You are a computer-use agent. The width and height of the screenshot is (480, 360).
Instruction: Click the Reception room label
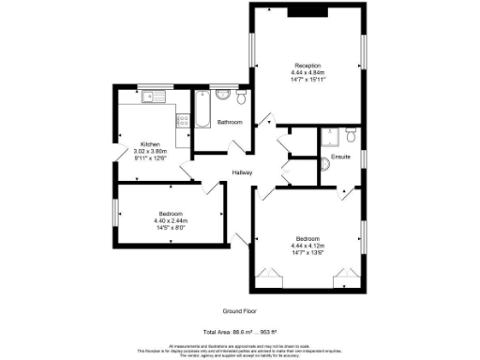point(307,65)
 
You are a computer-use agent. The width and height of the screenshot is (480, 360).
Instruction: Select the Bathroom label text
point(230,123)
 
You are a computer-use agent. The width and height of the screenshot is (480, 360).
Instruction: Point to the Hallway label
point(246,172)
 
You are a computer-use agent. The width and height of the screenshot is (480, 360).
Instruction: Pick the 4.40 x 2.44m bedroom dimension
point(171,220)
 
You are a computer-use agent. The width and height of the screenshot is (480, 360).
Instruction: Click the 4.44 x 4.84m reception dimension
point(307,72)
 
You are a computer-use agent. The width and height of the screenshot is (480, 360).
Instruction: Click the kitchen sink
point(153,96)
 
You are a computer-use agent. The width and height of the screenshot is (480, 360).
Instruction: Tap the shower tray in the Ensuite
point(331,137)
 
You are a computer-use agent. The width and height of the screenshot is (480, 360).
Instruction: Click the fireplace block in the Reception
point(307,12)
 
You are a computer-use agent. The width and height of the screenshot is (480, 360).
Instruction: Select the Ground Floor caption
point(240,311)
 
